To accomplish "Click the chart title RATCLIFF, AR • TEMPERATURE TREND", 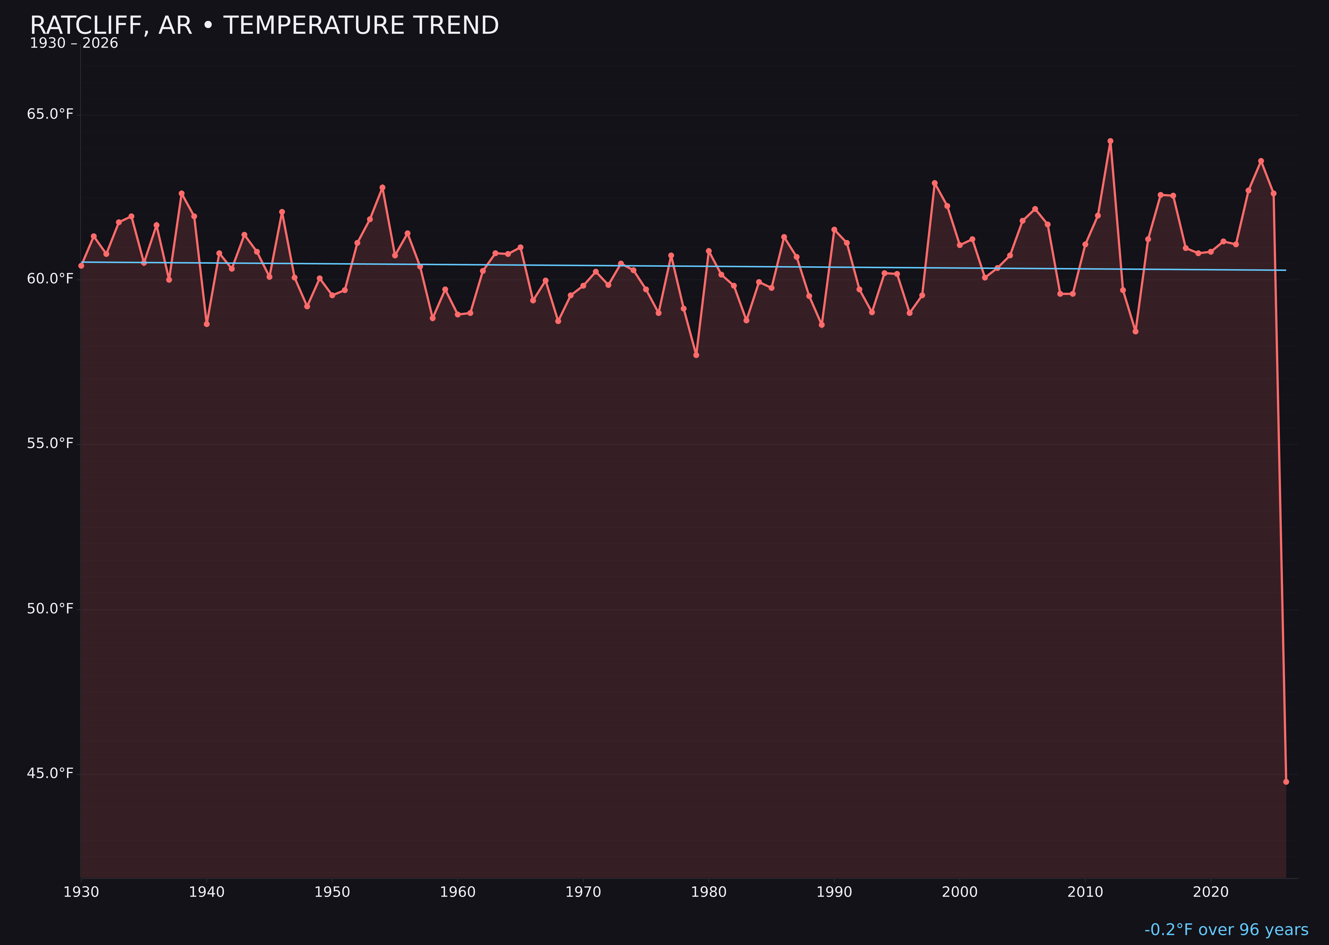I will tap(264, 26).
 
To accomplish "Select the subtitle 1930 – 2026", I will tap(74, 44).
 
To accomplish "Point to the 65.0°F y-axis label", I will tap(50, 114).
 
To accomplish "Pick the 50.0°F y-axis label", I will tap(50, 609).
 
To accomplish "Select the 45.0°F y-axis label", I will tap(50, 773).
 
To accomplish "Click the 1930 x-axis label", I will tap(81, 892).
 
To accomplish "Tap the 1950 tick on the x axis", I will tap(332, 892).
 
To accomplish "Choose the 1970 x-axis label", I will tap(583, 892).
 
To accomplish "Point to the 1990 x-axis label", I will tap(834, 892).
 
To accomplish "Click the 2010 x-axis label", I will tap(1085, 892).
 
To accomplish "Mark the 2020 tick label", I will tap(1211, 892).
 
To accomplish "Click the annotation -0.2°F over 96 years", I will tap(1226, 930).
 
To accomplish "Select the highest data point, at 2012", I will tap(1110, 141).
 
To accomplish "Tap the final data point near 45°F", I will tap(1286, 782).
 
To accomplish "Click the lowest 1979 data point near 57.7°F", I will tap(696, 355).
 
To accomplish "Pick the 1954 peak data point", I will tap(382, 187).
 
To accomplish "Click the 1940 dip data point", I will tap(207, 324).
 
